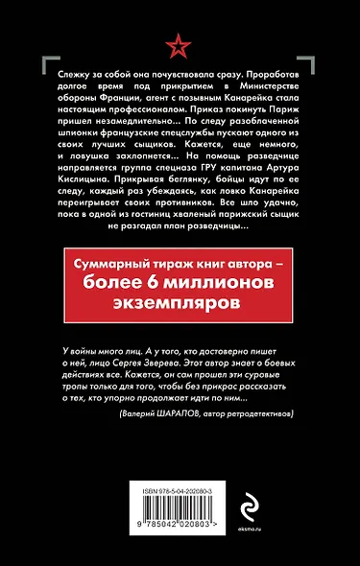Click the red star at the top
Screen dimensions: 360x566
(180, 44)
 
